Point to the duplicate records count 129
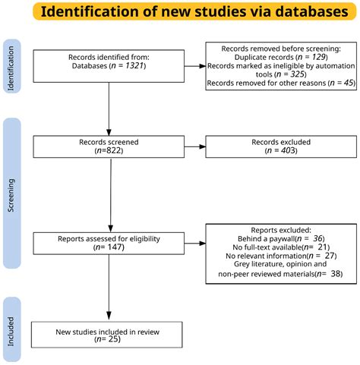tap(321, 56)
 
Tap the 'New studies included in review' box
tap(107, 333)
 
